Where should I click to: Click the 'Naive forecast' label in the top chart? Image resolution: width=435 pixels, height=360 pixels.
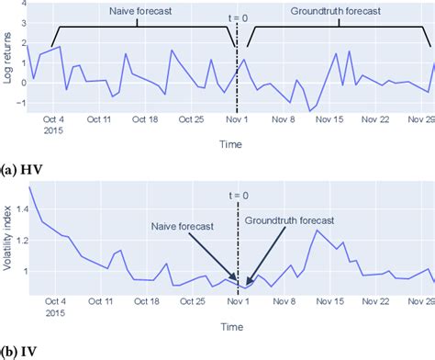coord(136,13)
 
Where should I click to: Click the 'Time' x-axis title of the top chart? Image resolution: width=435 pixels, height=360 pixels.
coord(232,145)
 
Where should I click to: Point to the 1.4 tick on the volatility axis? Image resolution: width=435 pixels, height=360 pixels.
coord(17,209)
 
